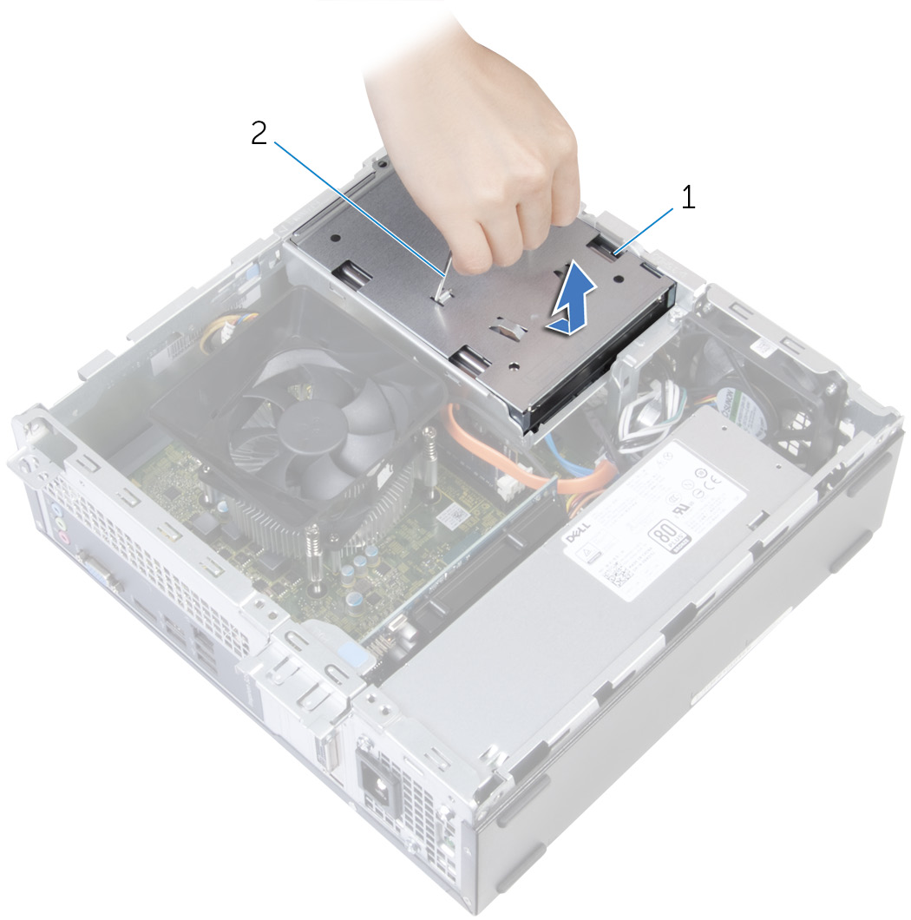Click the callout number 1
687,199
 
